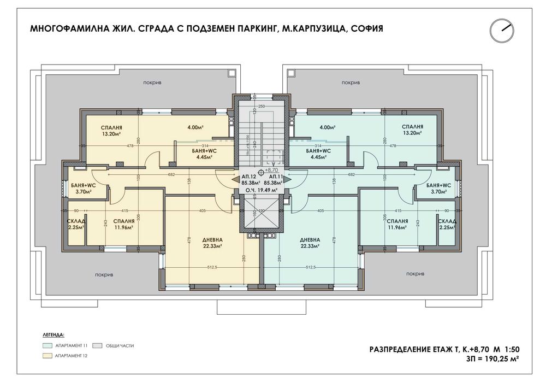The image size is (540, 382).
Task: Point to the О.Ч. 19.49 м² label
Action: (260, 190)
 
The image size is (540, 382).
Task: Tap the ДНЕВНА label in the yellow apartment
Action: (197, 240)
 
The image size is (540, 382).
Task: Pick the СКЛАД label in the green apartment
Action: (447, 221)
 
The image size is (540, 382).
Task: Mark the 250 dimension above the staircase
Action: (261, 106)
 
